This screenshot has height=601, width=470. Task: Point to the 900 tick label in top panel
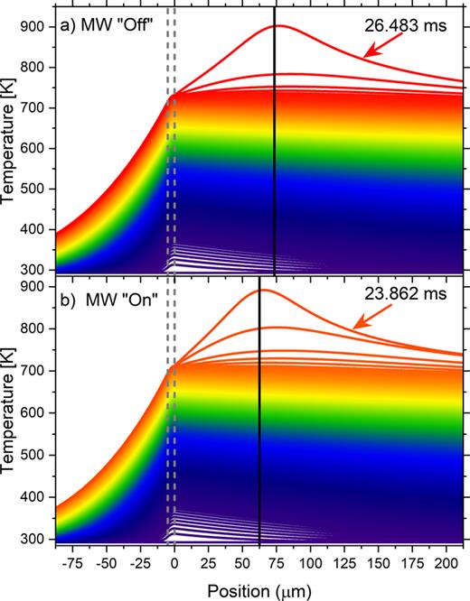pyautogui.click(x=34, y=25)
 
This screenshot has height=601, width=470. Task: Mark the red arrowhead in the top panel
pyautogui.click(x=369, y=57)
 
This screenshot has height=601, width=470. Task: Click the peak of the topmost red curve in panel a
pyautogui.click(x=276, y=25)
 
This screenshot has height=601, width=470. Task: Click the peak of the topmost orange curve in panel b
pyautogui.click(x=261, y=290)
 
